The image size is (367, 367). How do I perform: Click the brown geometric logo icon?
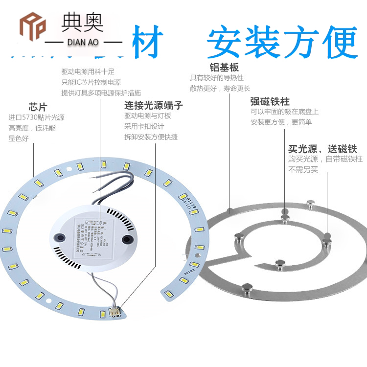(32, 24)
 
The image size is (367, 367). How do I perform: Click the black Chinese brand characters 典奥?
(81, 22)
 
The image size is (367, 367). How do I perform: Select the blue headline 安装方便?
(282, 43)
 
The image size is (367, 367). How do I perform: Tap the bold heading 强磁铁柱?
(270, 101)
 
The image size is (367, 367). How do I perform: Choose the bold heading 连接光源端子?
(154, 105)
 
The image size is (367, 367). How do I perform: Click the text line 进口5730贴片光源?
(37, 117)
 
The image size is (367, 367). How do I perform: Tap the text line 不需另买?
(303, 170)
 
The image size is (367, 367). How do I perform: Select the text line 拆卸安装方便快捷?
(151, 137)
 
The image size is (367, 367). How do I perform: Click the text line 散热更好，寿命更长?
(220, 89)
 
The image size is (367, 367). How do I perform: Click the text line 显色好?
(19, 138)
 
